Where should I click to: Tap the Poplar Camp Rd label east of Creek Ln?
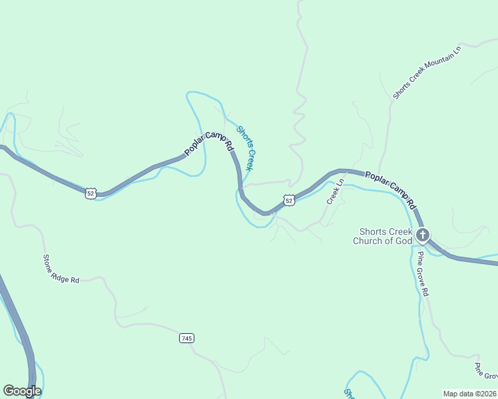click(390, 188)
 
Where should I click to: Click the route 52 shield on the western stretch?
click(91, 193)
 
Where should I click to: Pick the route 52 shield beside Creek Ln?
click(288, 199)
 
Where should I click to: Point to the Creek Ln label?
click(334, 191)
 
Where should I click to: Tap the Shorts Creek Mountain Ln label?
click(427, 73)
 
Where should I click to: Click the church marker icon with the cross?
click(422, 235)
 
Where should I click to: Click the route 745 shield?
click(186, 338)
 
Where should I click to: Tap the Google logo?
click(22, 391)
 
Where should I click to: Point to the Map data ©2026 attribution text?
click(469, 393)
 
